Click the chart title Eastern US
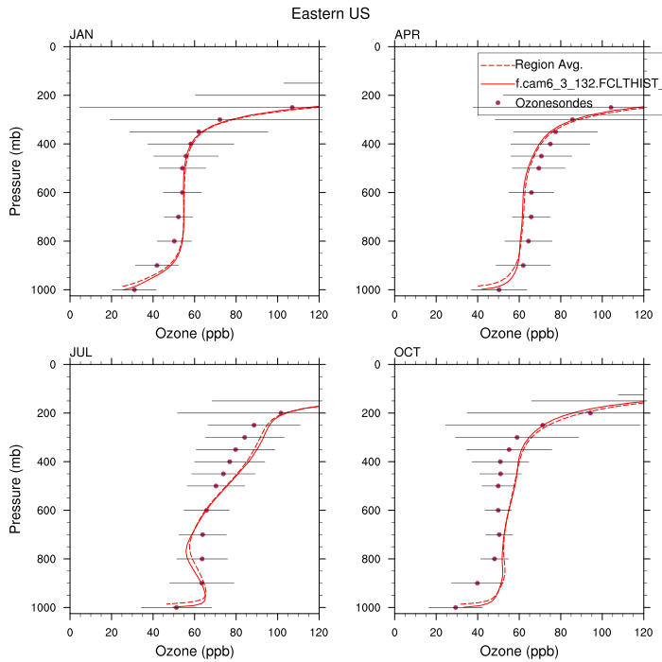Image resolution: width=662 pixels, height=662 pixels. (x=330, y=14)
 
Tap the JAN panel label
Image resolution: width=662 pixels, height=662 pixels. (x=81, y=35)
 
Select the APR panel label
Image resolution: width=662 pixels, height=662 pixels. (x=407, y=35)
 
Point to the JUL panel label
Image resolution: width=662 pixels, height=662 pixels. (x=80, y=353)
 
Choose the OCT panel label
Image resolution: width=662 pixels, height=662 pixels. (x=408, y=353)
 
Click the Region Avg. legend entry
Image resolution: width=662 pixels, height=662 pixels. (x=548, y=65)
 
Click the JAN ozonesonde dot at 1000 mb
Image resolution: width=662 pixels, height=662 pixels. (x=134, y=289)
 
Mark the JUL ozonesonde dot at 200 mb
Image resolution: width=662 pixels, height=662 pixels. (x=281, y=413)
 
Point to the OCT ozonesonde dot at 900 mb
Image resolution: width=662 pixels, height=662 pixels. (x=477, y=583)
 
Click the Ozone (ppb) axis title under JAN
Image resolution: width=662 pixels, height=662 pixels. (x=195, y=333)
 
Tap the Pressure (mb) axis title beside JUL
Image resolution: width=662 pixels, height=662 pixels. (x=16, y=485)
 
